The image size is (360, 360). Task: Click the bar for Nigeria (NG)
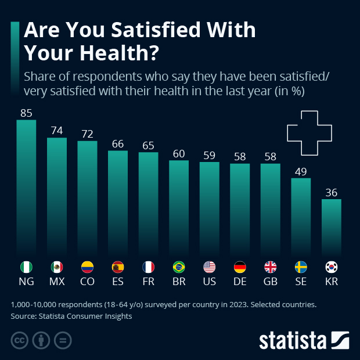click(26, 186)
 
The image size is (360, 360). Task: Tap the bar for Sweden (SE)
click(301, 215)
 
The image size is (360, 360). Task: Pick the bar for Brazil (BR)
click(179, 206)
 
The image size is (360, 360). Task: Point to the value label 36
click(331, 192)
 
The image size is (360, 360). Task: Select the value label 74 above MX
click(57, 131)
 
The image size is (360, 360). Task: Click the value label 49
click(301, 171)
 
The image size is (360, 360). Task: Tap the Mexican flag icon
click(57, 267)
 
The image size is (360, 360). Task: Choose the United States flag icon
click(209, 267)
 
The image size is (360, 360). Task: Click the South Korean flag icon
click(331, 267)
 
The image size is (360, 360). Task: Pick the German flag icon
click(240, 267)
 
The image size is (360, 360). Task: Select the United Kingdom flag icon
click(271, 267)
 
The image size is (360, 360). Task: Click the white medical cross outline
click(312, 133)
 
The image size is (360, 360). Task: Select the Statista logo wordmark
click(293, 340)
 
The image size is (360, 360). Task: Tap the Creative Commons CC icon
click(20, 340)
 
